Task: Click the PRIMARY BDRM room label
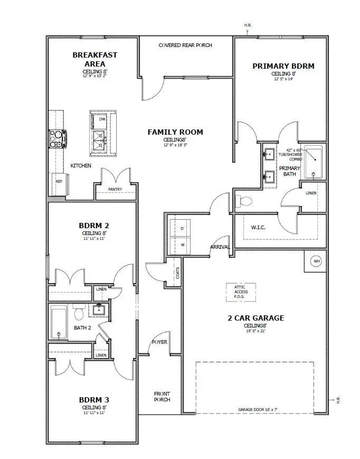coord(283,66)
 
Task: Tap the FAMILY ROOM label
coord(175,132)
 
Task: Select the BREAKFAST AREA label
coord(95,59)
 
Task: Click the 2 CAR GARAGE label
coord(255,318)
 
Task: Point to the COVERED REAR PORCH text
coord(185,45)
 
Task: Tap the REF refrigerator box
coord(59,181)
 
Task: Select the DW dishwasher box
coord(102,119)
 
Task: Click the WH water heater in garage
coord(316,261)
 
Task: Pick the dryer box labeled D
coord(182,228)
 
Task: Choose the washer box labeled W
coord(182,245)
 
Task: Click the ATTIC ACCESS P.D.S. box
coord(241,292)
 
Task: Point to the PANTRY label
coord(116,189)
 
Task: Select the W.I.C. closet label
coord(258,228)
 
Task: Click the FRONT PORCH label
coord(162,397)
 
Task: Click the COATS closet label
coord(178,273)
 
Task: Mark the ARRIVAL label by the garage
coord(219,247)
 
